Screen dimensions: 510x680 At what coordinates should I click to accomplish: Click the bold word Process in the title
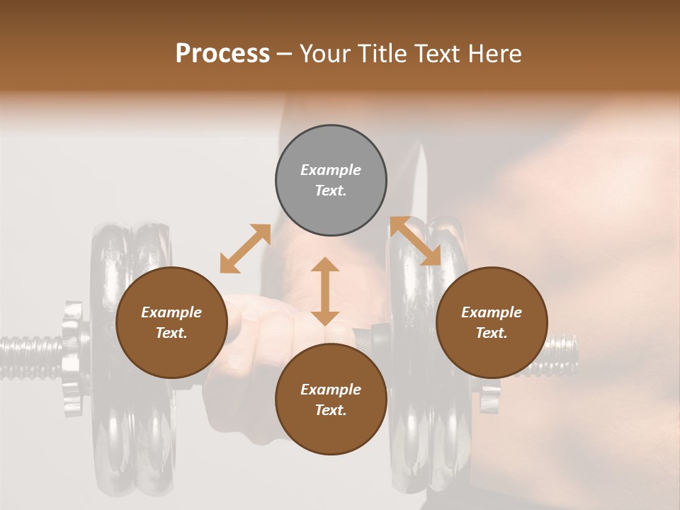pyautogui.click(x=222, y=54)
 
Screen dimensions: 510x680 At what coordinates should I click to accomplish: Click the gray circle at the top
pyautogui.click(x=331, y=181)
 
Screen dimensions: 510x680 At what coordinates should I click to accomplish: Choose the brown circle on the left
pyautogui.click(x=171, y=323)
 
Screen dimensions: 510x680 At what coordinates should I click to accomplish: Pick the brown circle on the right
pyautogui.click(x=492, y=323)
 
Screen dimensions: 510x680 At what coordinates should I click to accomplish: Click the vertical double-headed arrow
pyautogui.click(x=325, y=291)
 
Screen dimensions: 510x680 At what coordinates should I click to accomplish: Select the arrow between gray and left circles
pyautogui.click(x=245, y=249)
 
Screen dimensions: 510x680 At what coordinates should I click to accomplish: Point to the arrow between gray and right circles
pyautogui.click(x=415, y=242)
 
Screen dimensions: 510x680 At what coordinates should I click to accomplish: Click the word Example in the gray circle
pyautogui.click(x=331, y=170)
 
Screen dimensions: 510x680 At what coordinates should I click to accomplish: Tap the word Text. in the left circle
pyautogui.click(x=171, y=333)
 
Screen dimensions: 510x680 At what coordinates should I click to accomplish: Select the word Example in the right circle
pyautogui.click(x=492, y=312)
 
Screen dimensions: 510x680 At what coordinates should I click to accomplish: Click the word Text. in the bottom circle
pyautogui.click(x=331, y=410)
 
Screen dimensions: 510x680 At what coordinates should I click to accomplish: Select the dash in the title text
pyautogui.click(x=284, y=54)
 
